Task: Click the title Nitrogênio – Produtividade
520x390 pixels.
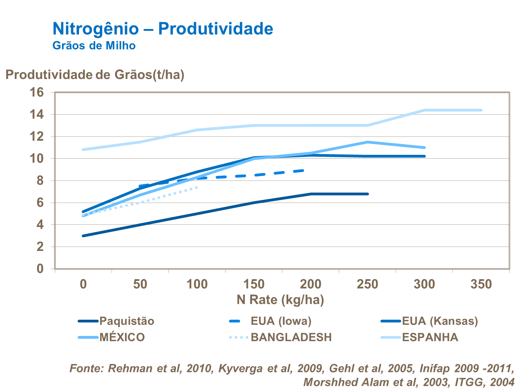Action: (162, 29)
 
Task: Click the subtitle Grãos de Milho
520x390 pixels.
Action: (94, 46)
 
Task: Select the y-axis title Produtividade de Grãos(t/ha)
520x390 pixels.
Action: (95, 75)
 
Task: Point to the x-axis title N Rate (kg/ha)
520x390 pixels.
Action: (280, 300)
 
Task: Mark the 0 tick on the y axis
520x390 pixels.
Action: (40, 269)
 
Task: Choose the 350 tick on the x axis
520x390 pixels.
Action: (481, 284)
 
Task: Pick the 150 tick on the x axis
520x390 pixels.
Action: (254, 284)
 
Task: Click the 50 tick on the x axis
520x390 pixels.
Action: (140, 284)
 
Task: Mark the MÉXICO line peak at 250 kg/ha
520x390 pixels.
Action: (368, 142)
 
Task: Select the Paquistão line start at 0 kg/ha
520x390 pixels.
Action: (83, 236)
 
